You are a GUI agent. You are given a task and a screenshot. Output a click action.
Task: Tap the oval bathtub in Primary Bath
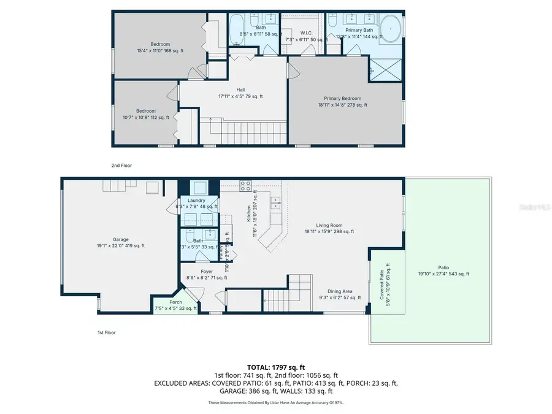point(391,30)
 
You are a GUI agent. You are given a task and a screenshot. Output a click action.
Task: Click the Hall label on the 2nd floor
point(232,93)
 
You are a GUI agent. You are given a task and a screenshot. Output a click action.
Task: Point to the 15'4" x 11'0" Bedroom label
point(144,47)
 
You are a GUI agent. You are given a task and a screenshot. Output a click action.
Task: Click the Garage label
point(120,242)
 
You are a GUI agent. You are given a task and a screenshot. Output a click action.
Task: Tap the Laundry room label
point(196,204)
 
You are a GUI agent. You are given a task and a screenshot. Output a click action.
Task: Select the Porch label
point(175,305)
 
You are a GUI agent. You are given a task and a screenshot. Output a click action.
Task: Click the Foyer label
point(207,275)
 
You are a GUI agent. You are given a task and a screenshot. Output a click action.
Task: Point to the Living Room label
point(329,228)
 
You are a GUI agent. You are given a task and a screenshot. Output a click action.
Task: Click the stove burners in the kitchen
point(245,185)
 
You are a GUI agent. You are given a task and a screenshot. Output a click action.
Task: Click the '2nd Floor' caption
point(121,166)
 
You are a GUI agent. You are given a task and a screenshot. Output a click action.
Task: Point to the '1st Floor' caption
point(106,332)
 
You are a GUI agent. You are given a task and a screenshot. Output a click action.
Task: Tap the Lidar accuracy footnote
point(275,402)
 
